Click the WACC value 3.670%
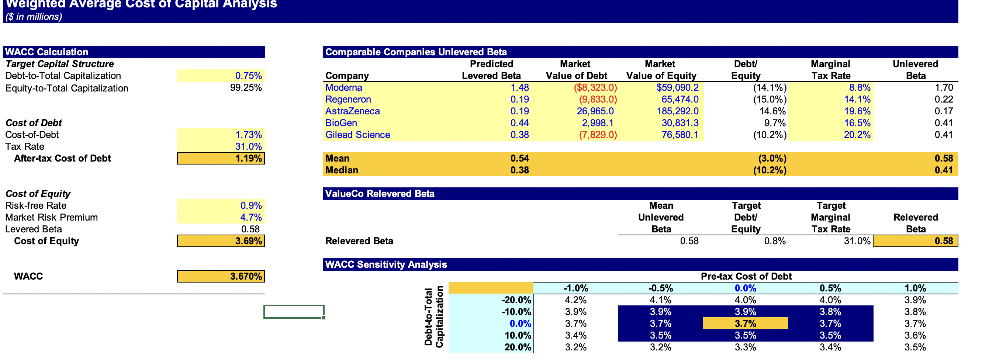(x=246, y=277)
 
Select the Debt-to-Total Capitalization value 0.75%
(x=248, y=76)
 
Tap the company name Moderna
(x=343, y=88)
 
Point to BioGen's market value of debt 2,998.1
(x=597, y=123)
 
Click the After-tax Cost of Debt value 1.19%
(x=248, y=159)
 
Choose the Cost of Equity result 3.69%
(x=248, y=241)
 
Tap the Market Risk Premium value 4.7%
(x=250, y=217)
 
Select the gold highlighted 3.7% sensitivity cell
(x=745, y=324)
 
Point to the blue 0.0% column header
(x=745, y=288)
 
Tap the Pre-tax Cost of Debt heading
(x=746, y=277)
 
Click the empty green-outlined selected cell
(x=294, y=312)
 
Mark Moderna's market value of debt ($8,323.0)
(x=595, y=88)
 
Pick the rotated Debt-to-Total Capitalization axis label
(x=434, y=317)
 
